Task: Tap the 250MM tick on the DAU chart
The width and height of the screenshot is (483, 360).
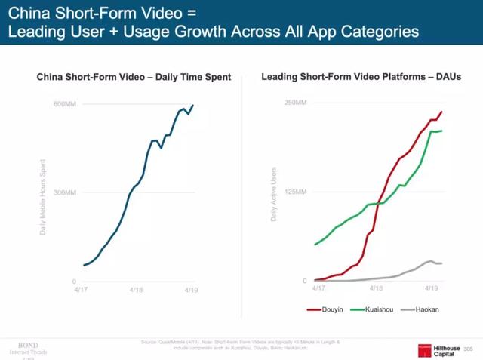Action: click(x=294, y=103)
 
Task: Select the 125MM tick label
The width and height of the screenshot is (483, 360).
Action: click(x=294, y=192)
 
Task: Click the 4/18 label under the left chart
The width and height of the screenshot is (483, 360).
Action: click(x=136, y=288)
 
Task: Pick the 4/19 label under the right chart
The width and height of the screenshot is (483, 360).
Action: click(x=431, y=288)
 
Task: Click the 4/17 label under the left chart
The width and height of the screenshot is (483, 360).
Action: click(x=81, y=288)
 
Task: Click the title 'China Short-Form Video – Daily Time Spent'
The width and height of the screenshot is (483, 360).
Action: click(x=134, y=76)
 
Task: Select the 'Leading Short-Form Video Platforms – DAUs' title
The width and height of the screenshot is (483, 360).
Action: click(x=361, y=76)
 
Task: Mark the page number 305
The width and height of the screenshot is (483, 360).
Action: click(x=468, y=349)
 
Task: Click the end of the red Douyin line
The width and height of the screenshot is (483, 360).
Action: click(x=441, y=112)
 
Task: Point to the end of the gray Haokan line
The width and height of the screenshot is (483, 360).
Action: click(x=441, y=263)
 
